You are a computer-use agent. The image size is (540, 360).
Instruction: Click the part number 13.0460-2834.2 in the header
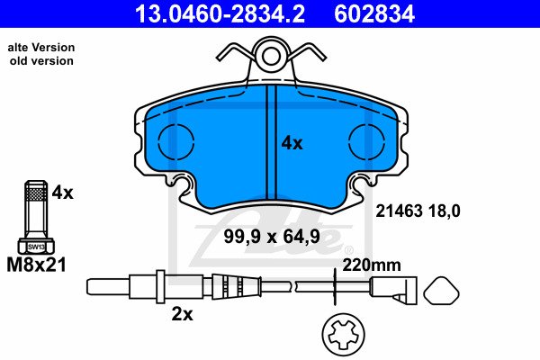tap(220, 13)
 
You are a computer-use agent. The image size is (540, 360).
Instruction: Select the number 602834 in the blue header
tap(374, 13)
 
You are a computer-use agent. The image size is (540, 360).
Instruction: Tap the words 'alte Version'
tap(41, 47)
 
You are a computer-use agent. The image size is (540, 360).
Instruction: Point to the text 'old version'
tap(41, 60)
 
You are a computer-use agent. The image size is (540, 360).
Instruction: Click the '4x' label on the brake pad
tap(292, 142)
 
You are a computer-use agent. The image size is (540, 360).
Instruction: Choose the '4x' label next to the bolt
tap(62, 193)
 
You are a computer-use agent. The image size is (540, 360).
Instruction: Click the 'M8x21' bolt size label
tap(36, 265)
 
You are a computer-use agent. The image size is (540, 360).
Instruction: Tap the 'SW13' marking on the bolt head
tap(36, 247)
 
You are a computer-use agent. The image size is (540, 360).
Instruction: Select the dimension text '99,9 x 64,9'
tap(272, 237)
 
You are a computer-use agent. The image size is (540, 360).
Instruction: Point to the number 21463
tap(399, 211)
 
